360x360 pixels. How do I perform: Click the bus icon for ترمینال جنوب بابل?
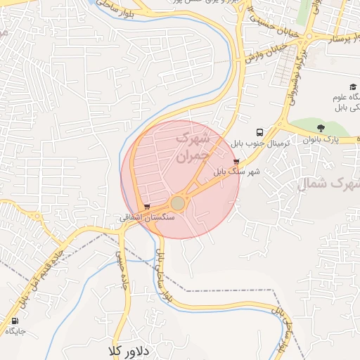[260, 131]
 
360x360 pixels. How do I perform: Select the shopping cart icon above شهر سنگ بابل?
[235, 161]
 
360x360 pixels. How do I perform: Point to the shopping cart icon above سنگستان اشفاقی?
[146, 207]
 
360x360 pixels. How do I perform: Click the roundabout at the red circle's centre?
[178, 203]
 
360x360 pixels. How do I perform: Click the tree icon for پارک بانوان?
[321, 128]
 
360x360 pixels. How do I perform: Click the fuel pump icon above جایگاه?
[15, 320]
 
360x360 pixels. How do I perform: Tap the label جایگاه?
[15, 330]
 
